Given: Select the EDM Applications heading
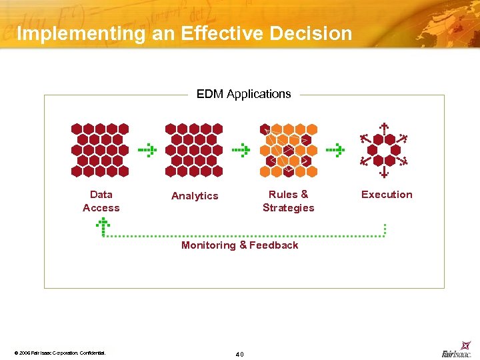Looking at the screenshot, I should pos(243,94).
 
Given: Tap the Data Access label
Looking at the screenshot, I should pos(101,201).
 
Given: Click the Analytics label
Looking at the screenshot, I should pos(195,195).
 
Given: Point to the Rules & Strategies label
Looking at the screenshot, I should pos(288,201).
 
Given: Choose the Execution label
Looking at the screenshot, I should pos(387,194).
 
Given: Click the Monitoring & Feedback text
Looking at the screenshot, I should pos(240,245).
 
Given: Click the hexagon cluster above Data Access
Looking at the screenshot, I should pos(100,150).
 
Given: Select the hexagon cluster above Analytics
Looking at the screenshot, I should pos(194,150).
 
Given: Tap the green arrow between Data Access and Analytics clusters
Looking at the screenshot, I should pos(147,151).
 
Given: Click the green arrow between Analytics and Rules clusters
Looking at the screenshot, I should pos(241,151).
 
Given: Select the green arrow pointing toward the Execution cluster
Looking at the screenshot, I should pos(335,151).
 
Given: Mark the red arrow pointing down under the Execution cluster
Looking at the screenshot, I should pos(384,173).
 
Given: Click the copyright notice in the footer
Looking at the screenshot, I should pos(60,352).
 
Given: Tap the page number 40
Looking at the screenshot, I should pos(240,353).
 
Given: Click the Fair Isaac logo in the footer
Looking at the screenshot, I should pos(457,351).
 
